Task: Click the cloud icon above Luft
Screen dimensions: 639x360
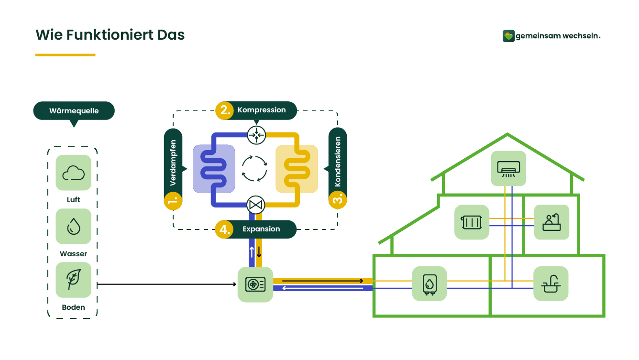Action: [x=73, y=173]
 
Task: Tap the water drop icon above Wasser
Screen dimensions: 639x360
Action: [x=73, y=226]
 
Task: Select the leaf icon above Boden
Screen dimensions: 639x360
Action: [x=73, y=280]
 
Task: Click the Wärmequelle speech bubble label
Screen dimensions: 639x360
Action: [x=74, y=111]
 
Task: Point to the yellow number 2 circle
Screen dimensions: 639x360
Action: [x=224, y=110]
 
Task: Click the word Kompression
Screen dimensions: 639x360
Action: [x=262, y=110]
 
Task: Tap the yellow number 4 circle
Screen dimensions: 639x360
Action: [x=224, y=229]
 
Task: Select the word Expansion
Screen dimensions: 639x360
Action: [x=261, y=229]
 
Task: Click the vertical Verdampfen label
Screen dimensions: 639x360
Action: [x=173, y=163]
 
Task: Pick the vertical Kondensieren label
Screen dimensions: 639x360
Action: [x=338, y=162]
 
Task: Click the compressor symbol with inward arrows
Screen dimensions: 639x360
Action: [x=256, y=135]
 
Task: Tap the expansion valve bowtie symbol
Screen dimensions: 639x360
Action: [x=256, y=205]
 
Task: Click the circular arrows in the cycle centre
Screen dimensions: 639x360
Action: [x=254, y=168]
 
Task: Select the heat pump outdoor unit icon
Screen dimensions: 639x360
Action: [x=255, y=284]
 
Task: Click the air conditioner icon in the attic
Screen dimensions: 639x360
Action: [x=508, y=168]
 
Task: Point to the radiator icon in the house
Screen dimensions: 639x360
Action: [x=472, y=222]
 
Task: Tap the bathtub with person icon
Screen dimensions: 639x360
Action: [x=551, y=222]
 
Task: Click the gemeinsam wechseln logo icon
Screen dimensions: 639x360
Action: [x=508, y=36]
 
